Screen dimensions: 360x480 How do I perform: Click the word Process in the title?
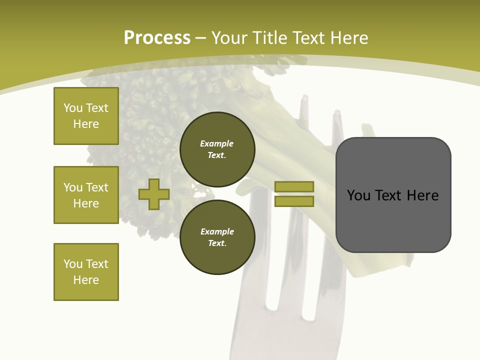point(157,38)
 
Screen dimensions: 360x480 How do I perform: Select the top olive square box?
point(86,116)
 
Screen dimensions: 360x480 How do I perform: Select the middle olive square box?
point(86,195)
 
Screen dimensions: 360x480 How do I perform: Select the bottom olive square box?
point(86,271)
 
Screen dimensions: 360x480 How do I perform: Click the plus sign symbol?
point(154,194)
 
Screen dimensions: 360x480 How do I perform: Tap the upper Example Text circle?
point(217,149)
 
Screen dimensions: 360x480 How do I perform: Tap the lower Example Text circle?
point(217,237)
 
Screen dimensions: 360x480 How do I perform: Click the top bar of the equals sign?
point(294,186)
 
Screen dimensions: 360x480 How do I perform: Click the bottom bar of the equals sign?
point(294,201)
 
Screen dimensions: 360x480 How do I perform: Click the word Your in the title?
point(230,38)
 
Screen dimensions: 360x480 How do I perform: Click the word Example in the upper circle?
point(217,143)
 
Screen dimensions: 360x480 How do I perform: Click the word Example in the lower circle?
point(217,231)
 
